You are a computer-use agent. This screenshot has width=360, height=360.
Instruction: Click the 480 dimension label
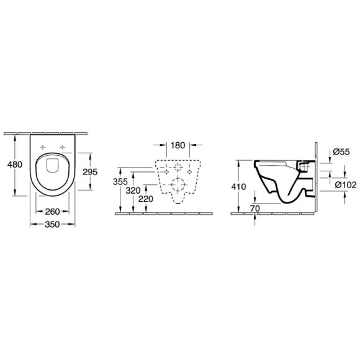click(x=15, y=164)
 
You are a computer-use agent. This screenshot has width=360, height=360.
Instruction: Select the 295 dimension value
click(x=90, y=172)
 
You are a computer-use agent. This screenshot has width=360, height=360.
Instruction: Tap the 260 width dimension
click(x=52, y=212)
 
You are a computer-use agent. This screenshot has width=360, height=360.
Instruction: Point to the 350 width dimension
click(x=52, y=224)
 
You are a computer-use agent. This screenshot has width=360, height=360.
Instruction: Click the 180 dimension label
click(x=178, y=145)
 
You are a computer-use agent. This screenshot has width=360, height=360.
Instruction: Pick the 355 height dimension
click(x=120, y=182)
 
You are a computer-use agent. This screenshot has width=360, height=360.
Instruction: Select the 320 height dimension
click(x=133, y=191)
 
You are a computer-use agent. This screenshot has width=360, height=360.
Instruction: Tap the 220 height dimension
click(x=146, y=199)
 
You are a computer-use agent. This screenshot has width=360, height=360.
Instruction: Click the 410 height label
click(x=239, y=187)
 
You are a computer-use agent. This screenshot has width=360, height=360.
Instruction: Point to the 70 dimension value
click(x=255, y=209)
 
